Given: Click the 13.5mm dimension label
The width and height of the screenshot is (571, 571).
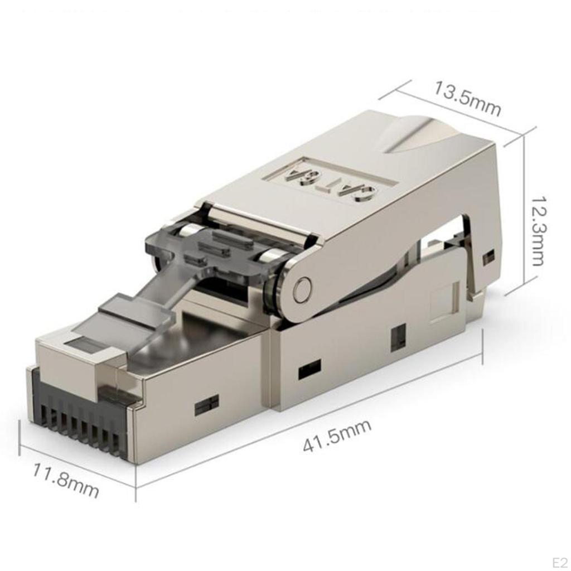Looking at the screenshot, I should point(467,99).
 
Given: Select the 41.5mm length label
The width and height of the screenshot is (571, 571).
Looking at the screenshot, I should point(337,435).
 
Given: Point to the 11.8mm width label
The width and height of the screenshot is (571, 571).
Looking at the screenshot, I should point(65,479).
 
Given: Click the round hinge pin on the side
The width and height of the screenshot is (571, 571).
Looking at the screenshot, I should point(302,289).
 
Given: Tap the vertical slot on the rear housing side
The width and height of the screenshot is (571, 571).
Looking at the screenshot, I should point(398,337).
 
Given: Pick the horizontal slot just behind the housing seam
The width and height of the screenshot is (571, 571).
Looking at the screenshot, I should point(309,369).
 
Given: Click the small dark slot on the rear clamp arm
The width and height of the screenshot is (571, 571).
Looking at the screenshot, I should point(488,257).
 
